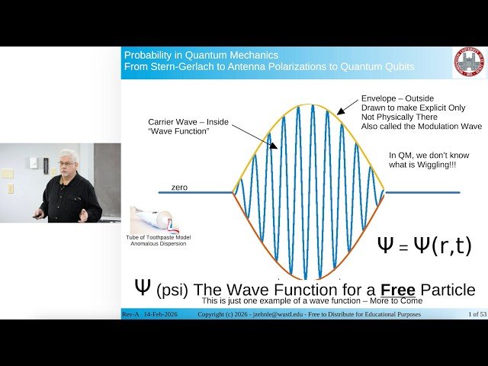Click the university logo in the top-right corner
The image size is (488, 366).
[x=469, y=63]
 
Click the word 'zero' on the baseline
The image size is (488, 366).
[x=179, y=187]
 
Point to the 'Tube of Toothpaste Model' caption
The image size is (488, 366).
[x=159, y=238]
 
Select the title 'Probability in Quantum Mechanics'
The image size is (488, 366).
[x=201, y=55]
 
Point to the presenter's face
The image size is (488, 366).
[x=68, y=164]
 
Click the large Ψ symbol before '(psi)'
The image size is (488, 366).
[x=142, y=287]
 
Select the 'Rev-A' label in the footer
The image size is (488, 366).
[x=132, y=314]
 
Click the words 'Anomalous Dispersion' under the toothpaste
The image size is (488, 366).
[x=159, y=245]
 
